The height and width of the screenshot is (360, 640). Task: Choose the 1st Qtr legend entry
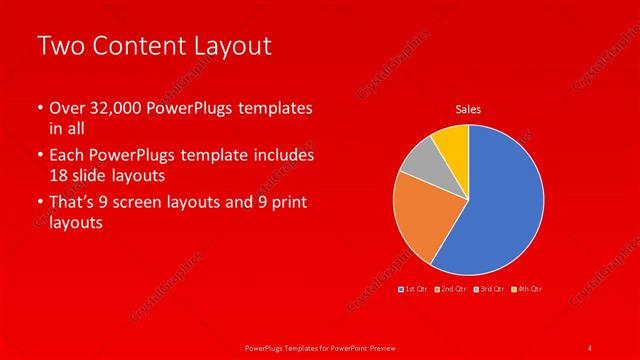coord(415,289)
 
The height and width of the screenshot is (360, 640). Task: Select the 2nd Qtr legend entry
coord(451,289)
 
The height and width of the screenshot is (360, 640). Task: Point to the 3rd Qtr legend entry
coord(489,289)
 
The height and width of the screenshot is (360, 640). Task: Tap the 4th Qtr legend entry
coord(526,289)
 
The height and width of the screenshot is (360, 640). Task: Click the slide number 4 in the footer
coord(590,347)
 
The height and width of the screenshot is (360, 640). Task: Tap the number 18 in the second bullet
coord(59,174)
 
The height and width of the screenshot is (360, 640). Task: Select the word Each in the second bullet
coord(66,156)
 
